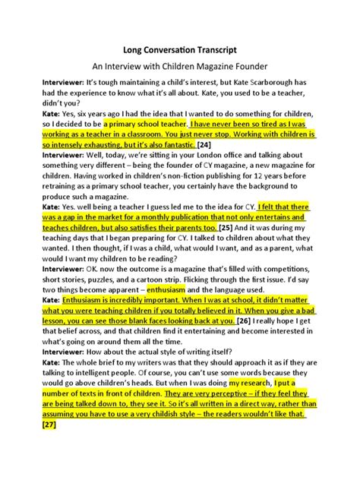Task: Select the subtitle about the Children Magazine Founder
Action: pyautogui.click(x=179, y=65)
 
